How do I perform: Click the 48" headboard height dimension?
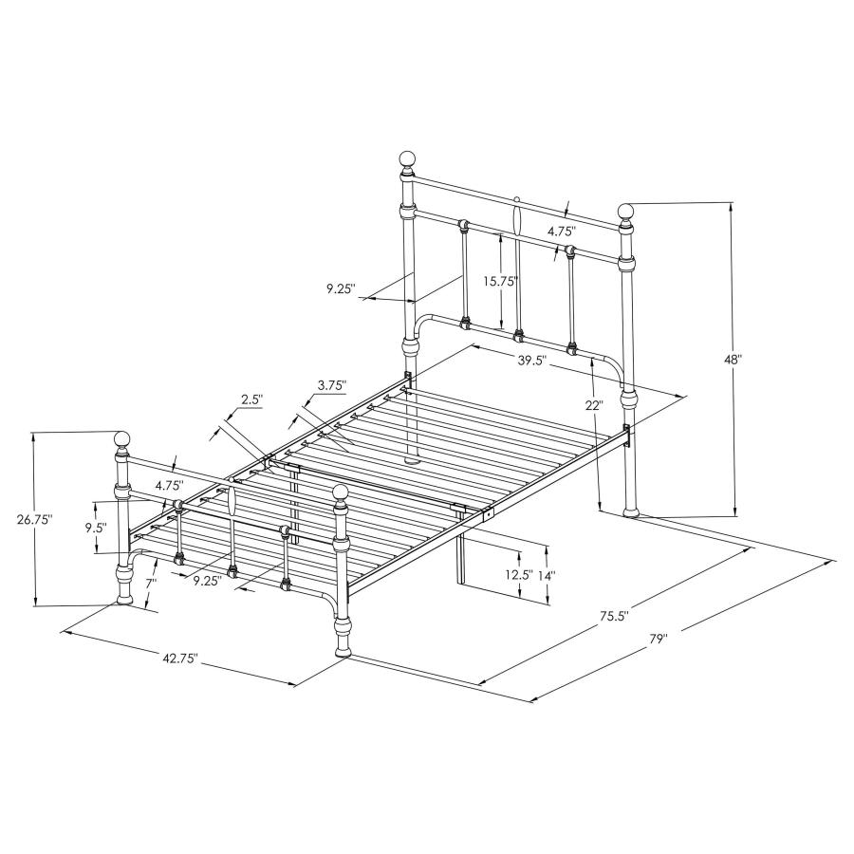click(732, 361)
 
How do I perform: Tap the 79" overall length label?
click(659, 640)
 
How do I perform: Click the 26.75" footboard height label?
click(34, 519)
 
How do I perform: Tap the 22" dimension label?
click(595, 404)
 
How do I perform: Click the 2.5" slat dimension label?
click(251, 399)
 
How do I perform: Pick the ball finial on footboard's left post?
click(121, 439)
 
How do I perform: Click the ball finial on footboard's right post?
click(341, 492)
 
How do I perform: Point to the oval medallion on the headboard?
click(517, 218)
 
